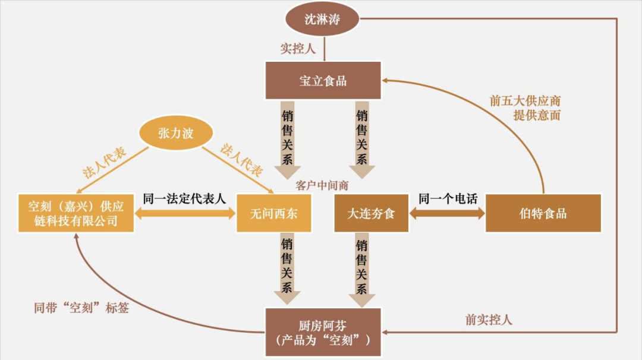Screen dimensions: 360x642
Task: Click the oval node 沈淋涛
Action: click(x=323, y=19)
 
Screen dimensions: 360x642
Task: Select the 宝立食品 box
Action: click(x=323, y=81)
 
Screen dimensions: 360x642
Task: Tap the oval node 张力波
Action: click(x=175, y=133)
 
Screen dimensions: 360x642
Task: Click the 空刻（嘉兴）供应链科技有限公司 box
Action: click(x=75, y=213)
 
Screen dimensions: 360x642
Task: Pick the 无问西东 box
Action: click(x=274, y=213)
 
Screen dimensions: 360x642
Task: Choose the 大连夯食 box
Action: click(x=371, y=213)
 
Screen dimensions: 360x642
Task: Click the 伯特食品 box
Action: click(x=543, y=213)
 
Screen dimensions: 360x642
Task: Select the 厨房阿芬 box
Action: click(x=323, y=332)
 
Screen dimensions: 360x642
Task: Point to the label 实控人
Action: click(x=298, y=49)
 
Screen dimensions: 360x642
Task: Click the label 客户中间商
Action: click(x=322, y=185)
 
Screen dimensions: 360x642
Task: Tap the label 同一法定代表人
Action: click(x=185, y=198)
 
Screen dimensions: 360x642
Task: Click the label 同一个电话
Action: click(x=448, y=198)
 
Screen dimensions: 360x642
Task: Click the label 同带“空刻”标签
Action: click(x=81, y=308)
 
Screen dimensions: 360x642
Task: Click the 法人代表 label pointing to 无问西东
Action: click(x=241, y=160)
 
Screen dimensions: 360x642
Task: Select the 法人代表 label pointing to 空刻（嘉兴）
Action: click(x=105, y=162)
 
